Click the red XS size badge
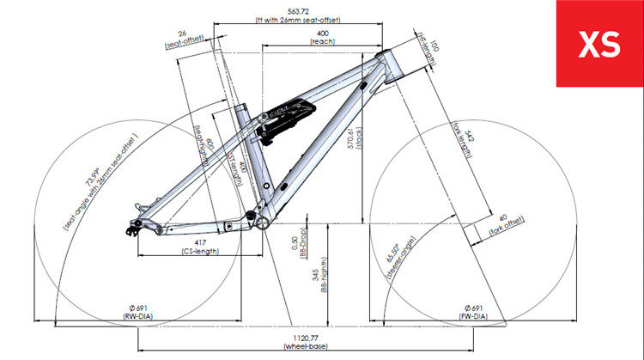(599, 44)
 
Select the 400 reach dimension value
(321, 33)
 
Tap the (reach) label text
(321, 42)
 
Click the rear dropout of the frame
(135, 227)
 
